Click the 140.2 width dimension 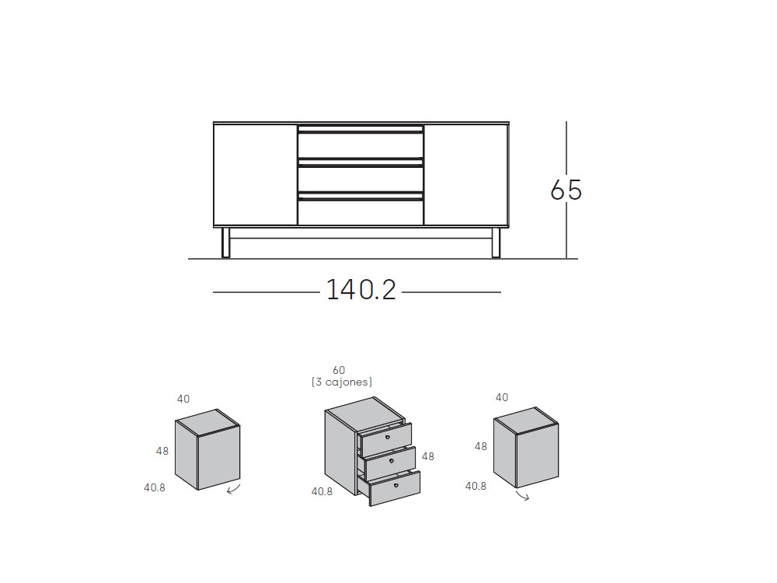tap(361, 290)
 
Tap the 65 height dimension tap(566, 190)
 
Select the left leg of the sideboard tap(226, 243)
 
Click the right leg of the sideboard tap(496, 243)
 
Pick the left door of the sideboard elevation tap(256, 175)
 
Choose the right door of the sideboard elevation tap(465, 175)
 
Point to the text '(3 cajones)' tap(341, 382)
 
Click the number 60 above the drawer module tap(339, 370)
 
